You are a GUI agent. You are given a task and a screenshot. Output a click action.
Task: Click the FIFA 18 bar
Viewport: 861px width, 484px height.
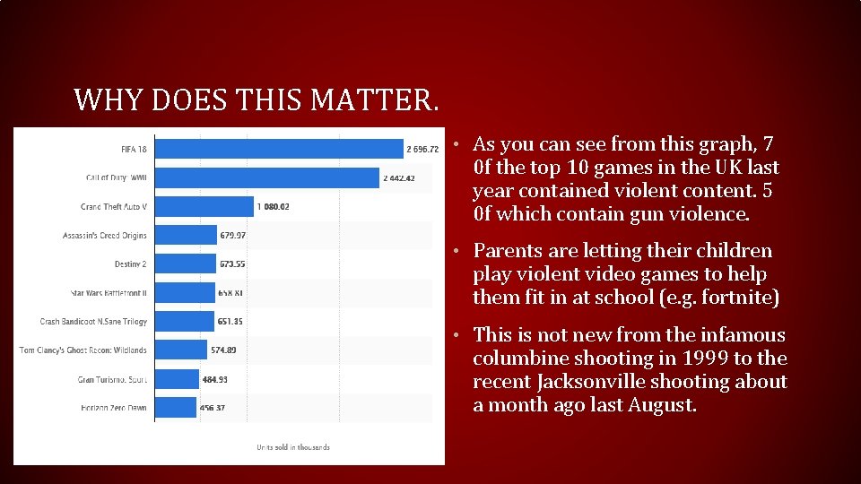[278, 149]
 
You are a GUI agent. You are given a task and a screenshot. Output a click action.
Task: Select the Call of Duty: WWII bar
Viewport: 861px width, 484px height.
[266, 177]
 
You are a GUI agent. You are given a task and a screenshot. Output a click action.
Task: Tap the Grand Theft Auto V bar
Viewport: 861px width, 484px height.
[204, 206]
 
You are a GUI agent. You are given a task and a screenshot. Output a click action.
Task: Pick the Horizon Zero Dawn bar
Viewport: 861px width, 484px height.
[175, 408]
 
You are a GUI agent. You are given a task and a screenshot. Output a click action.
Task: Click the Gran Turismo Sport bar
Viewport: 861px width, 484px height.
[177, 379]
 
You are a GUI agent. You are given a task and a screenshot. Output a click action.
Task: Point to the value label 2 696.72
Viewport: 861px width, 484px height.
[422, 149]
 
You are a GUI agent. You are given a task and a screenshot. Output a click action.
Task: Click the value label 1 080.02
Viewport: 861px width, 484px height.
[273, 206]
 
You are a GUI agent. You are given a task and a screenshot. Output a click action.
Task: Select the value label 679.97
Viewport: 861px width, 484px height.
[232, 236]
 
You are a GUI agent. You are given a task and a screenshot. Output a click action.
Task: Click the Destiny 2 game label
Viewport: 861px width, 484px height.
[130, 264]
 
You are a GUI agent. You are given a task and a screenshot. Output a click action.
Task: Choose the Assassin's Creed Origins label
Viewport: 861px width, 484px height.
[104, 236]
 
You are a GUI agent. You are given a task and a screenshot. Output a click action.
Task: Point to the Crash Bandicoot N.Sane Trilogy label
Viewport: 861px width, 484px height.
[93, 322]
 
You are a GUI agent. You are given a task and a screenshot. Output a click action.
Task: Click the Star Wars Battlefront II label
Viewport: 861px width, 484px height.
[109, 293]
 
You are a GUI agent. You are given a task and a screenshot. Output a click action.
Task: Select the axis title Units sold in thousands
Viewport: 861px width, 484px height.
[293, 447]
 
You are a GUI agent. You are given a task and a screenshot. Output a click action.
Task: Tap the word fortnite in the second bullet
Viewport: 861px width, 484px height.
[731, 298]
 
